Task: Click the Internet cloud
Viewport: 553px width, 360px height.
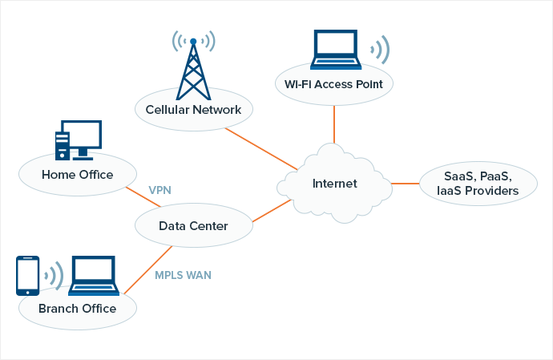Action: click(334, 184)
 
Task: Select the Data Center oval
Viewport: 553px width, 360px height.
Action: click(193, 226)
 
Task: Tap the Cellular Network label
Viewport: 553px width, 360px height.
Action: click(193, 109)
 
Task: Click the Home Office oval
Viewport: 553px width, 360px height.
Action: click(77, 175)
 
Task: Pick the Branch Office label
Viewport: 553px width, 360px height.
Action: click(77, 309)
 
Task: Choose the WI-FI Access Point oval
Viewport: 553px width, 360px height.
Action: click(333, 83)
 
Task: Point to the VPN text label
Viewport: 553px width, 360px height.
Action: click(160, 191)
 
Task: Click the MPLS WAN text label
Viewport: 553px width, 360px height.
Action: click(183, 275)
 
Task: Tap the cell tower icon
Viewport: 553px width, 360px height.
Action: click(193, 64)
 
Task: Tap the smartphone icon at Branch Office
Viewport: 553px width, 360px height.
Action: click(28, 275)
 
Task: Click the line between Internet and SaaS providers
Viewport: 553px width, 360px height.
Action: click(407, 184)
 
